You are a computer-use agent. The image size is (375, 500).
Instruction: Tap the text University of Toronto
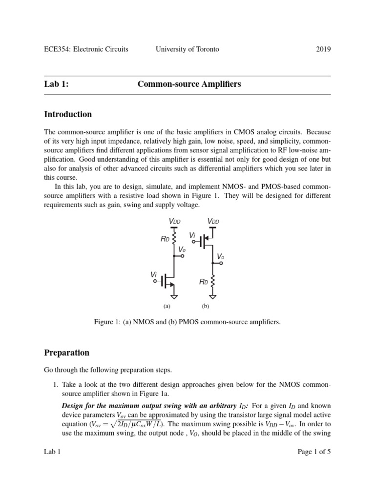(187, 49)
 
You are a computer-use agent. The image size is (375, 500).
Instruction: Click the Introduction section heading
(68, 115)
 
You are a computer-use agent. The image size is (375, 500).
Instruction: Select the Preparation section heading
(67, 353)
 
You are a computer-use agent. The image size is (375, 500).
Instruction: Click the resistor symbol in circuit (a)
(174, 240)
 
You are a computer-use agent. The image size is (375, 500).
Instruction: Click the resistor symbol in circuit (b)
(213, 282)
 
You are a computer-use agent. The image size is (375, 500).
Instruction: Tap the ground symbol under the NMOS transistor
(174, 296)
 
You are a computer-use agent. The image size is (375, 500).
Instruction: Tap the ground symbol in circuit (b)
(213, 296)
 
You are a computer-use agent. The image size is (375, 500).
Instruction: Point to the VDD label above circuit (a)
(174, 222)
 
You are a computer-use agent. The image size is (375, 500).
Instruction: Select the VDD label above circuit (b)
(213, 222)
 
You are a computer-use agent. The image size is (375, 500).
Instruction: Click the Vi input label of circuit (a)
(154, 275)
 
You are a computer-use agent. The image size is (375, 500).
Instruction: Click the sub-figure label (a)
(167, 307)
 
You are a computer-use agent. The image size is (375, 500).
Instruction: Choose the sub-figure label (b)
(205, 307)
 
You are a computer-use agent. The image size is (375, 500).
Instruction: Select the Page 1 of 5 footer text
(314, 452)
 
